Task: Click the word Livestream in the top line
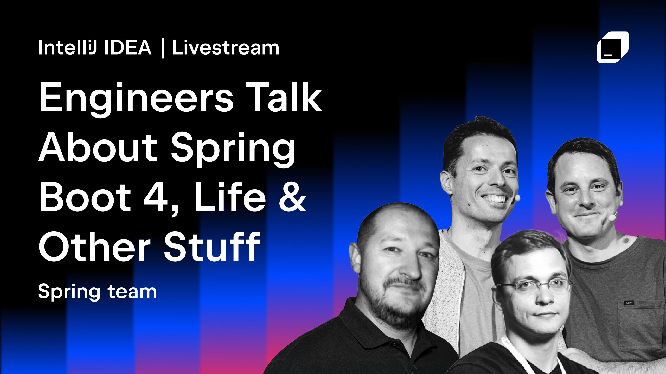point(226,48)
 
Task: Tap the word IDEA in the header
point(127,48)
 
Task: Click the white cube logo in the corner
point(613,47)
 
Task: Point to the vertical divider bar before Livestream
point(163,48)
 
